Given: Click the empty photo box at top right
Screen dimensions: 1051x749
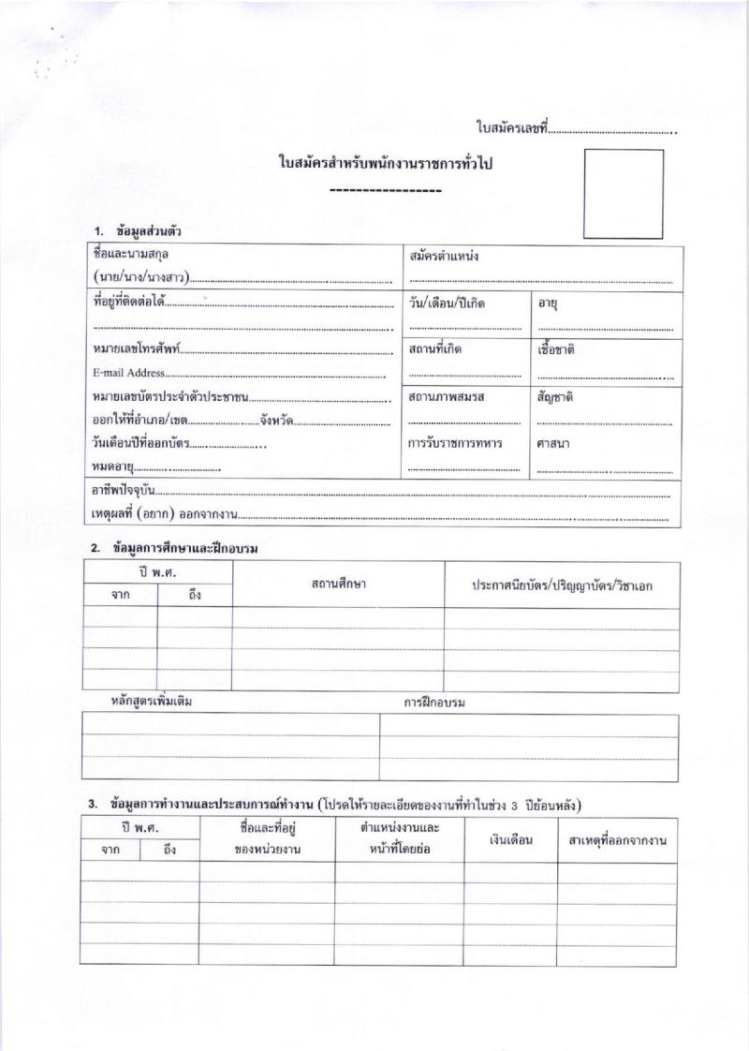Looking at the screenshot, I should click(x=623, y=193).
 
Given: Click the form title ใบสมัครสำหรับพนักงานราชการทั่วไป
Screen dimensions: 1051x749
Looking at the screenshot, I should click(x=386, y=164).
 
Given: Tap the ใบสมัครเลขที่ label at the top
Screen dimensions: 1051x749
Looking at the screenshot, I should click(x=511, y=127).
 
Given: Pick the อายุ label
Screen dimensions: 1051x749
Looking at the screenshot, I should click(x=549, y=303).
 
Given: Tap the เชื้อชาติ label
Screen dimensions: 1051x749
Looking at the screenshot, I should click(x=556, y=349).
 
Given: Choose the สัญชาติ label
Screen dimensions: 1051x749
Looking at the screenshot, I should click(x=555, y=396).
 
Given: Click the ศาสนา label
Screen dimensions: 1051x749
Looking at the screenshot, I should click(x=553, y=442).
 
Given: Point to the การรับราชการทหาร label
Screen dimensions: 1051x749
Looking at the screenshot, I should click(x=455, y=442).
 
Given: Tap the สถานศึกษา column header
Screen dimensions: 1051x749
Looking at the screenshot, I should click(x=338, y=584).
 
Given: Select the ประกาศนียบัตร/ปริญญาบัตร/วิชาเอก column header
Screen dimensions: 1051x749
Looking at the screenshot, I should click(x=562, y=585).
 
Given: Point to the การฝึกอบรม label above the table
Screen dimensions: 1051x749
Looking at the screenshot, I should click(x=434, y=702).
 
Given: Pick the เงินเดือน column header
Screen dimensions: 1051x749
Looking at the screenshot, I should click(x=510, y=839).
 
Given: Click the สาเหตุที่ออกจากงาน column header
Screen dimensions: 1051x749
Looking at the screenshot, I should click(x=617, y=840).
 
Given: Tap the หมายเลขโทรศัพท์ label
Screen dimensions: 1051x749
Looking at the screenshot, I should click(x=136, y=350).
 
